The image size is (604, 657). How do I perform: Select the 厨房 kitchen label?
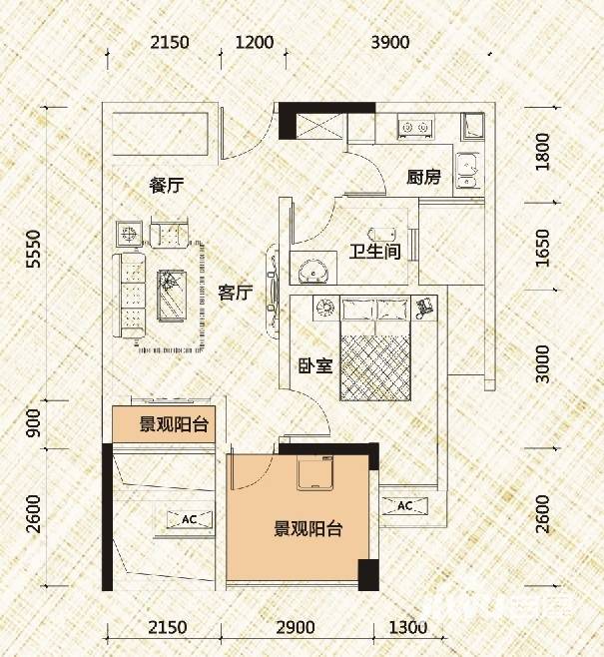click(423, 178)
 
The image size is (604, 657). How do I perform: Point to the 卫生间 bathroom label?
click(373, 251)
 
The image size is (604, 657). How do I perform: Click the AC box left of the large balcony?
click(188, 519)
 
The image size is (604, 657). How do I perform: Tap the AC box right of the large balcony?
click(405, 506)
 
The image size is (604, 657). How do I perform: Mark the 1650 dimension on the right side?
click(543, 252)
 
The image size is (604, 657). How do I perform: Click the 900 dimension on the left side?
click(34, 427)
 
